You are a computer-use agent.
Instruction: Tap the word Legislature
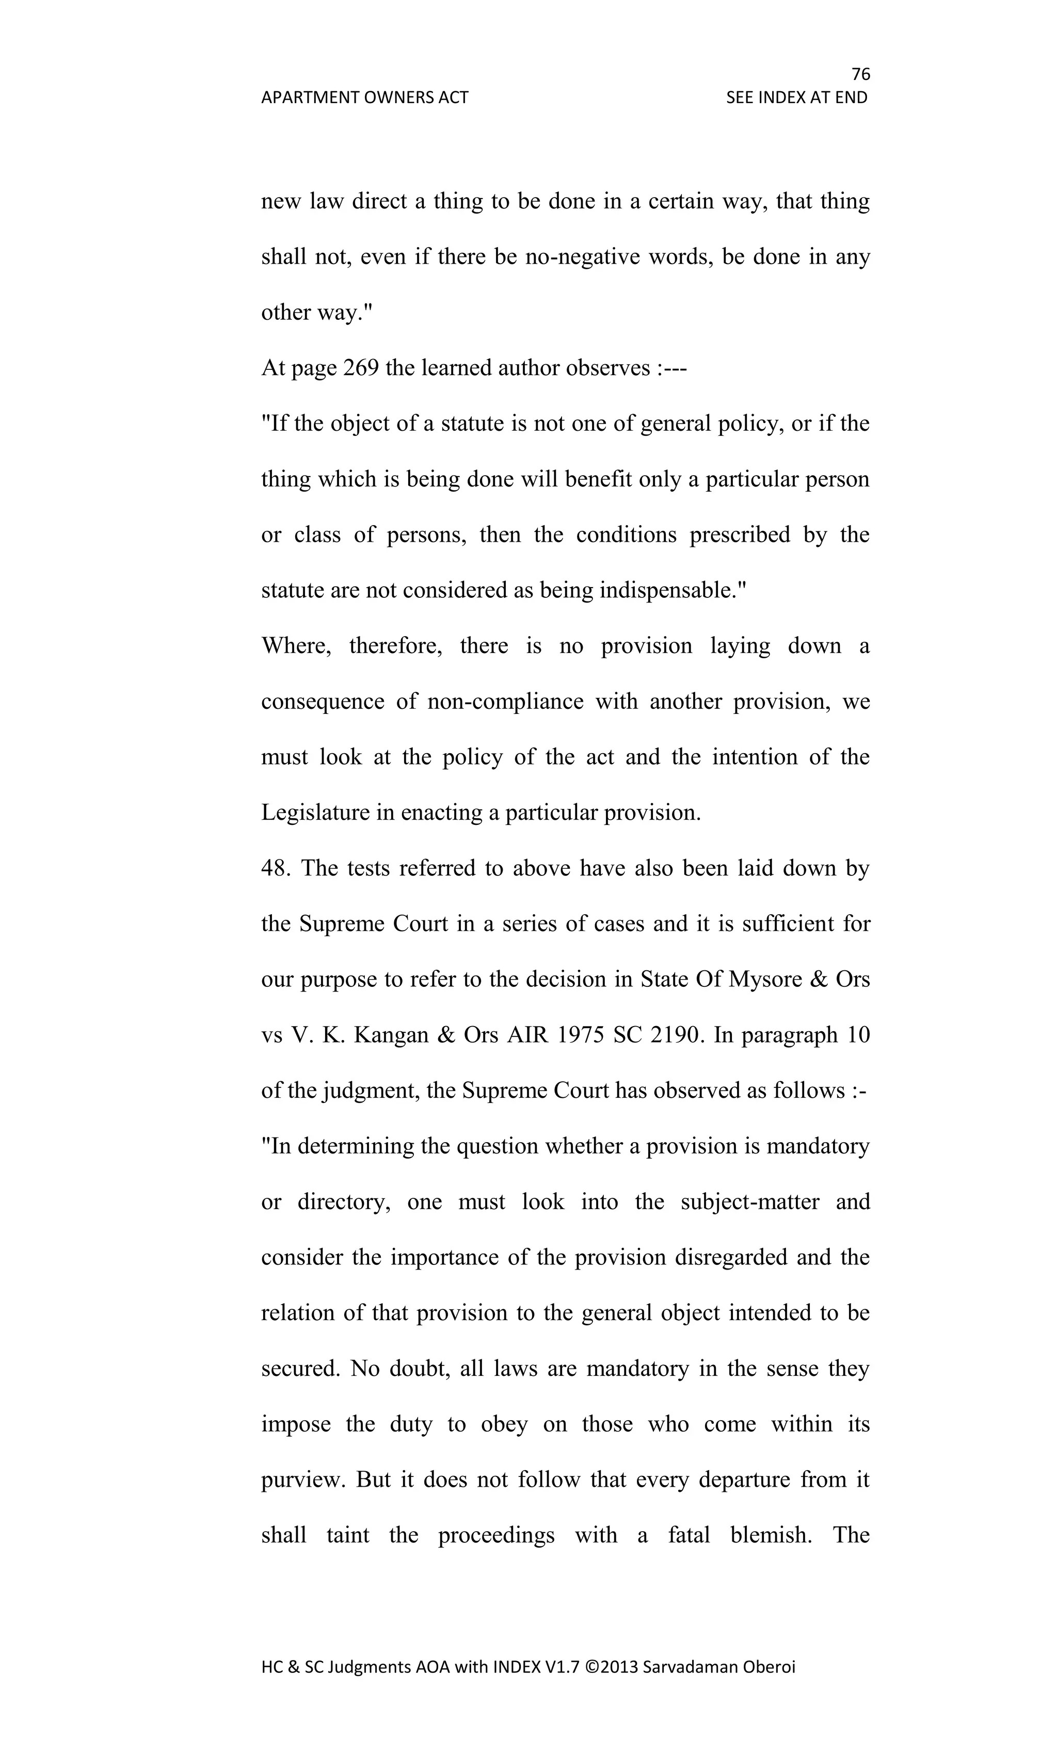[x=315, y=813]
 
